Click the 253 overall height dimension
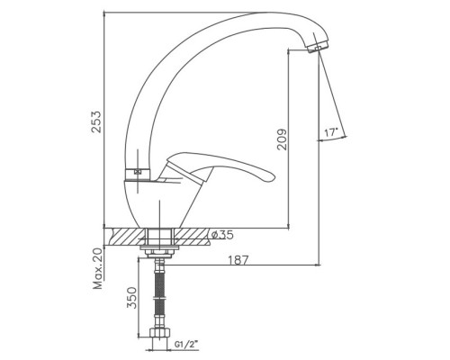96,121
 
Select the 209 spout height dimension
282,139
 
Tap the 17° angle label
331,132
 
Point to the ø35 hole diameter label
222,235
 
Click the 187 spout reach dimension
238,260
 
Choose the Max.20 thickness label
98,269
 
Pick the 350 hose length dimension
131,298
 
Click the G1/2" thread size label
186,345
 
